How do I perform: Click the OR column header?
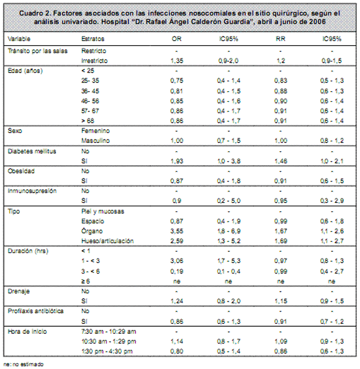[176, 39]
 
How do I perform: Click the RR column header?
[281, 39]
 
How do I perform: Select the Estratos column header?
[93, 39]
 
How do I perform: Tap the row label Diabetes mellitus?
[32, 151]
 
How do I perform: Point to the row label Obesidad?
[21, 171]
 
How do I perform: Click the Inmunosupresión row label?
[32, 191]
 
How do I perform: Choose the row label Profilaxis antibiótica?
[36, 311]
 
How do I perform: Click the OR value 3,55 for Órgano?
[177, 231]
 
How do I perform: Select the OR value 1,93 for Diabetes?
[177, 161]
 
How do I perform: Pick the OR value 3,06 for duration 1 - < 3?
[177, 260]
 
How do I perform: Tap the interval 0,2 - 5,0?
[228, 201]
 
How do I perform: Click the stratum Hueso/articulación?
[107, 241]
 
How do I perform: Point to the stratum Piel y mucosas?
[102, 211]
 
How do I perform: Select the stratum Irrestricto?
[94, 61]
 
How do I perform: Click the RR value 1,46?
[281, 161]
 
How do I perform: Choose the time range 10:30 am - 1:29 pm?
[109, 342]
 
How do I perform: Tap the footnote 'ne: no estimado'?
[24, 364]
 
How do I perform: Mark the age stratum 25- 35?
[90, 81]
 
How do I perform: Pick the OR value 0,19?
[177, 272]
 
